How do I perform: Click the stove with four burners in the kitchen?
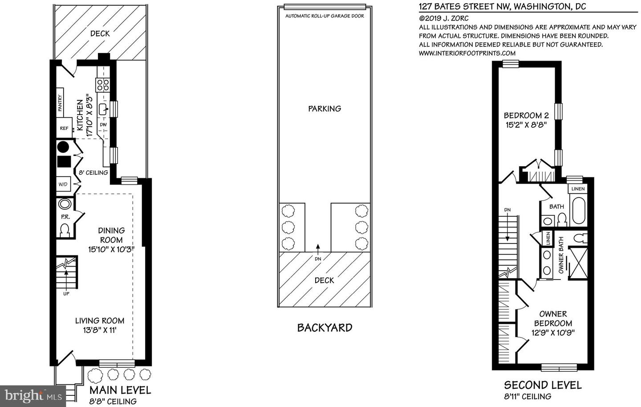pos(103,85)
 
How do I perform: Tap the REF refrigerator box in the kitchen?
pos(65,128)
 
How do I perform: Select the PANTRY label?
pos(60,100)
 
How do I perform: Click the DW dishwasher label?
pos(103,124)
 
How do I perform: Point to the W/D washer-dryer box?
pos(63,184)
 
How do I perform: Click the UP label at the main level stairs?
pos(66,293)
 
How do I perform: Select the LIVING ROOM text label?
pos(99,321)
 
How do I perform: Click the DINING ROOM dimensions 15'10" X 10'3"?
pos(111,249)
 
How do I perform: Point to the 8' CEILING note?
pos(93,173)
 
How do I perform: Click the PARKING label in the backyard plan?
pos(325,108)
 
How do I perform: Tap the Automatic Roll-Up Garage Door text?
pos(325,16)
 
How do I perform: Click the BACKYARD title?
pos(325,328)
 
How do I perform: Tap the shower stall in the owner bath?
pos(578,263)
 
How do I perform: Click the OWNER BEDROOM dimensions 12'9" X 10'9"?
pos(553,333)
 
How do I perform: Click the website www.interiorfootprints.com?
pos(467,53)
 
